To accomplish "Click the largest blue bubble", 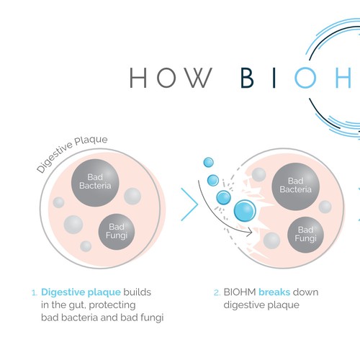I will pyautogui.click(x=246, y=210).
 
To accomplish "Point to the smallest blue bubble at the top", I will pyautogui.click(x=208, y=163).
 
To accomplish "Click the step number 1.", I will pyautogui.click(x=34, y=294).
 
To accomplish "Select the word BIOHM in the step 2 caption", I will pyautogui.click(x=240, y=293).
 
